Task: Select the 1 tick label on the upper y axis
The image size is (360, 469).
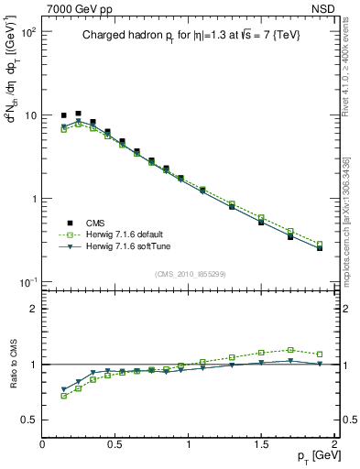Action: point(33,199)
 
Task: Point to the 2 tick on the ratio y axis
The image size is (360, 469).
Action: point(33,309)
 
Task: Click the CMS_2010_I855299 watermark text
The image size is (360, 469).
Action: point(190,273)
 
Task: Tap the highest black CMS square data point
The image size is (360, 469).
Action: point(78,114)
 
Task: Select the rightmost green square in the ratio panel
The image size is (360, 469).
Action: point(320,354)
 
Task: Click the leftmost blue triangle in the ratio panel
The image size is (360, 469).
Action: point(64,388)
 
